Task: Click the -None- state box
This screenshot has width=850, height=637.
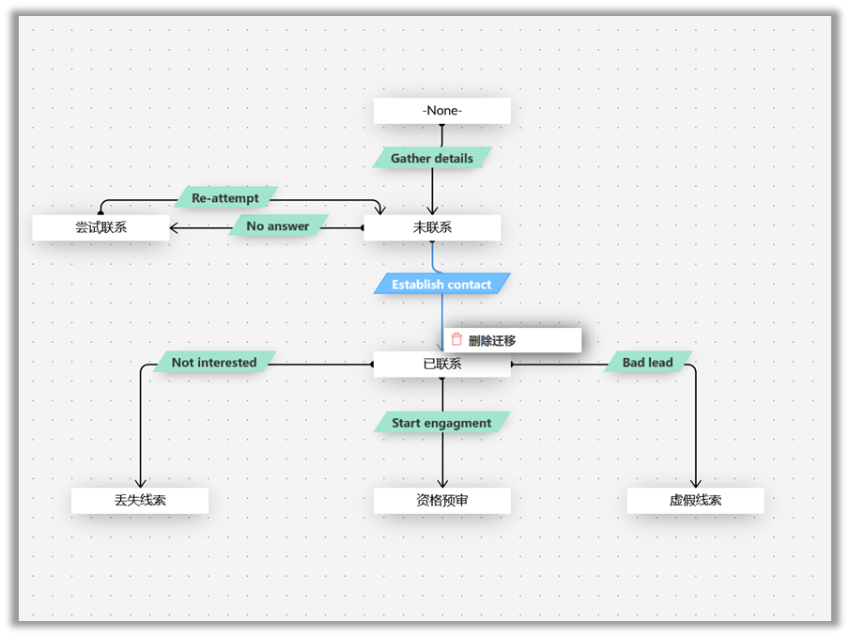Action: (x=441, y=111)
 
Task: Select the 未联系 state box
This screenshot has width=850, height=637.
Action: (x=432, y=227)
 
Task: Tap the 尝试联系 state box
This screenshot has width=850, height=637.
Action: (x=100, y=227)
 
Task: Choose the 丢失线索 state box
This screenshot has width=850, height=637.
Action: (x=139, y=501)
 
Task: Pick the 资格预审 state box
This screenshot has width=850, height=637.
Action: (x=441, y=501)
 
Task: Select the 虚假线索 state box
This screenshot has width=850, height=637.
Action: (x=695, y=501)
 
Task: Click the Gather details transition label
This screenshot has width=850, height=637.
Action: (x=432, y=158)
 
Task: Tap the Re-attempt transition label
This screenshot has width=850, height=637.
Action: (x=225, y=198)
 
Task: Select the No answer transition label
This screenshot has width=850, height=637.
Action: (x=278, y=226)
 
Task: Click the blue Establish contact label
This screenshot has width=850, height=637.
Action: (x=441, y=284)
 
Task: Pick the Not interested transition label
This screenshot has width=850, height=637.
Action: (x=214, y=362)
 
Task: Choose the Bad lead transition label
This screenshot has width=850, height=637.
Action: (x=648, y=362)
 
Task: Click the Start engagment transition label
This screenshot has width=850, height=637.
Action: (x=441, y=423)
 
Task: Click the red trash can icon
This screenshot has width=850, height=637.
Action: (x=457, y=340)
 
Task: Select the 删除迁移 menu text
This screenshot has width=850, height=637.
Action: (x=492, y=341)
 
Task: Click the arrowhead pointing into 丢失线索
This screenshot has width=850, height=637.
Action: (x=139, y=483)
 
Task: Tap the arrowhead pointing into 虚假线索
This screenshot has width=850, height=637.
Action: (x=696, y=483)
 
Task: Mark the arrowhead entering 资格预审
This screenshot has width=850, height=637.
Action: (x=441, y=483)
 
